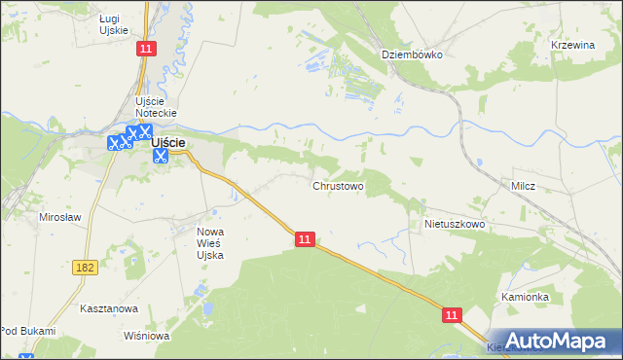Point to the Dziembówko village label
[412, 54]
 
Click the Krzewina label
[572, 46]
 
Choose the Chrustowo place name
[338, 185]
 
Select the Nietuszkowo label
[454, 224]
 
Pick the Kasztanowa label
[110, 308]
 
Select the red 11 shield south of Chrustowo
[305, 238]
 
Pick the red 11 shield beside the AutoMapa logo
[453, 315]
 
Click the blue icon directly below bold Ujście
[161, 156]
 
